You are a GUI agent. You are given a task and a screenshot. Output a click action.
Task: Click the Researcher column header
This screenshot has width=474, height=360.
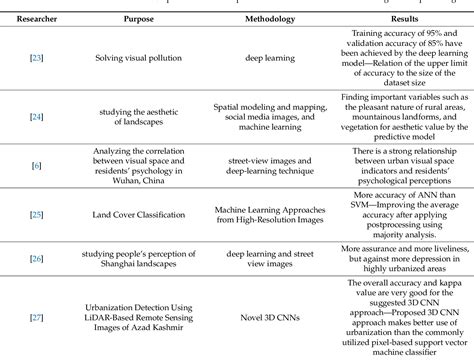[35, 20]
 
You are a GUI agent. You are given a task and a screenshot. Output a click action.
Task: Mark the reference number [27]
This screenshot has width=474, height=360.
[36, 318]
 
